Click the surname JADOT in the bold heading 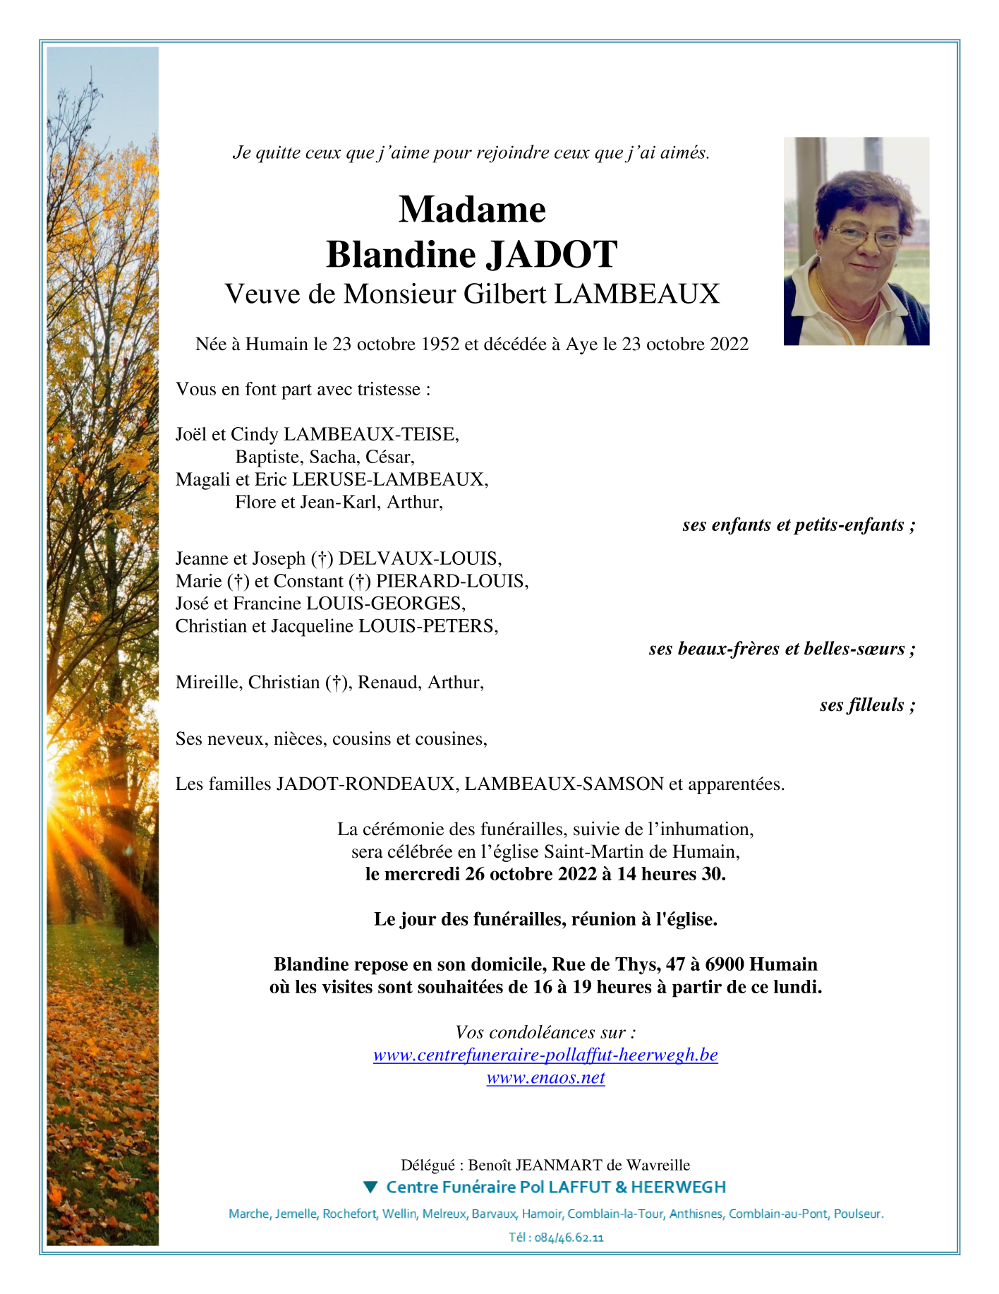point(552,255)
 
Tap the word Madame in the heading point(472,210)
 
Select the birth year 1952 point(440,345)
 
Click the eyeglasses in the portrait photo point(865,235)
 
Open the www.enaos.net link point(545,1078)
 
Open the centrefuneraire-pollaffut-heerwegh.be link point(545,1055)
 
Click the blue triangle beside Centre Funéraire point(370,1187)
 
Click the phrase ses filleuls point(862,705)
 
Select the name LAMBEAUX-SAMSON point(564,784)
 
